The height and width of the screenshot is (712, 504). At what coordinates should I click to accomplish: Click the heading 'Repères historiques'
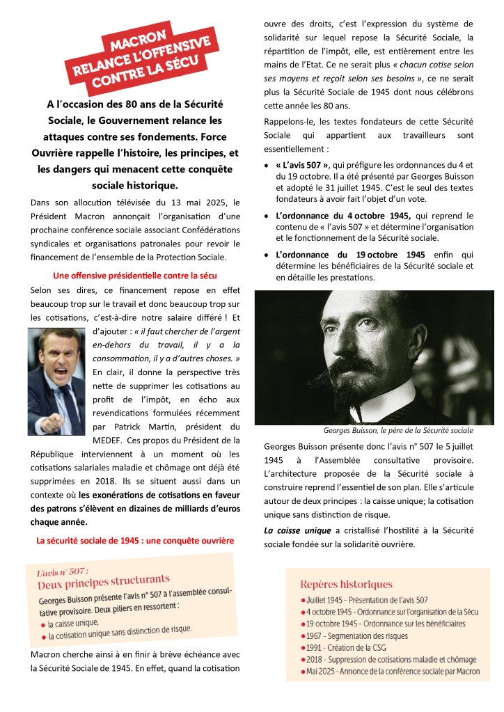click(x=346, y=585)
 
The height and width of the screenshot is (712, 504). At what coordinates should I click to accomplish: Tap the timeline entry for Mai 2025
click(x=391, y=672)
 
